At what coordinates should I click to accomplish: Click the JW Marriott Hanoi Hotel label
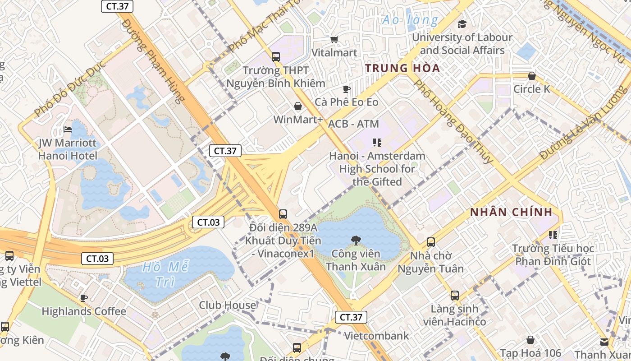tap(68, 149)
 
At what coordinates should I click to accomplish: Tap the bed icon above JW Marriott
tap(68, 130)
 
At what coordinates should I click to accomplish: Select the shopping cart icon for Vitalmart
tap(334, 40)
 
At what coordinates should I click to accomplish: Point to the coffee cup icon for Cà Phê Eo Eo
tap(346, 89)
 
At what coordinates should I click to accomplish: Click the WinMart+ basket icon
tap(298, 106)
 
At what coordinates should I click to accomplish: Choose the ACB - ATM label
tap(353, 124)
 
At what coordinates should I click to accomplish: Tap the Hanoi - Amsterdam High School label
tap(377, 169)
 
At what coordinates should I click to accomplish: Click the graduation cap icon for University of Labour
tap(462, 24)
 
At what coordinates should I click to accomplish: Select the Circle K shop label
tap(532, 89)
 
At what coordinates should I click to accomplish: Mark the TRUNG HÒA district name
tap(402, 69)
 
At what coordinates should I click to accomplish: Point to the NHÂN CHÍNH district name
tap(511, 212)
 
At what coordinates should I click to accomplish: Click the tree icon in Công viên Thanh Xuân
tap(356, 240)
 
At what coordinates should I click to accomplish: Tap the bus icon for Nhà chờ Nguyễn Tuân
tap(431, 242)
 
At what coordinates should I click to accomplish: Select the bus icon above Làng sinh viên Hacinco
tap(455, 296)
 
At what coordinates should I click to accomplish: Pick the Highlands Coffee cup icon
tap(84, 298)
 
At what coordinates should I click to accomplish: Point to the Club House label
tap(227, 305)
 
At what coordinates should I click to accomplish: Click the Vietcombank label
tap(376, 336)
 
